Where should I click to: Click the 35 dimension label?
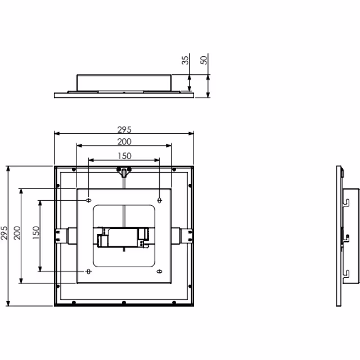[185, 60]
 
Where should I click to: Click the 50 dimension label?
[204, 60]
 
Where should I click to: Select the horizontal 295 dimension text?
[124, 130]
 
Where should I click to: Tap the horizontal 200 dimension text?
[124, 142]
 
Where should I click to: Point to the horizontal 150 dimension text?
[124, 156]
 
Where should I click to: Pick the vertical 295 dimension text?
[4, 233]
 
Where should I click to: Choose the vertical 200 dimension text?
[17, 233]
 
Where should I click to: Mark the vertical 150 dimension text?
[36, 233]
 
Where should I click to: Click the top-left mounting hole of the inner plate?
[89, 200]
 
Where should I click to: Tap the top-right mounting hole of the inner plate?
[160, 200]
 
